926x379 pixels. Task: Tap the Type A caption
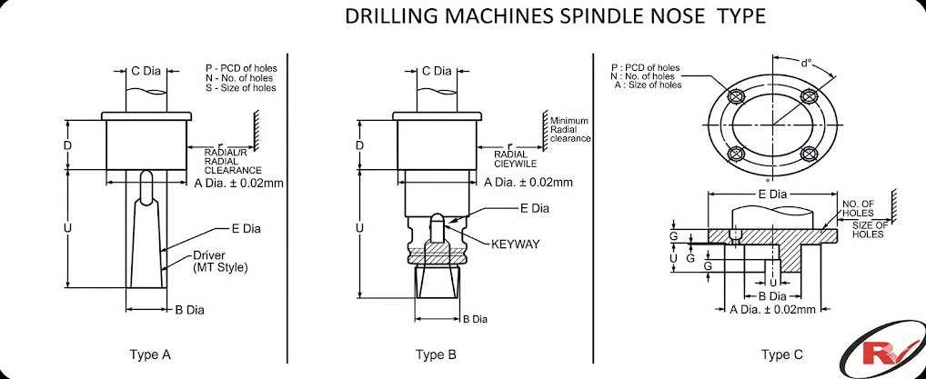(x=151, y=354)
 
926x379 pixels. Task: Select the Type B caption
(x=436, y=354)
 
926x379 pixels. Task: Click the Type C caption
(x=782, y=354)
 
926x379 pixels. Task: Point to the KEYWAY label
(x=516, y=244)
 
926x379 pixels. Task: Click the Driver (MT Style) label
(x=220, y=262)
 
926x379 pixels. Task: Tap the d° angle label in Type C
(x=807, y=64)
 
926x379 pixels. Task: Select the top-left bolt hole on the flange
(x=736, y=95)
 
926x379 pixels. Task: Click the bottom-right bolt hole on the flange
(x=809, y=155)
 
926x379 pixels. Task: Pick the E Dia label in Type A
(x=246, y=228)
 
